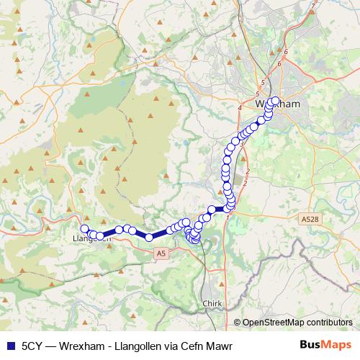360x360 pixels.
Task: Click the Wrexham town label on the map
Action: (x=277, y=104)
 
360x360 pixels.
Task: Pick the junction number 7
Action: (x=312, y=6)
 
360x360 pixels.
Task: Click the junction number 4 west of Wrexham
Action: (x=239, y=107)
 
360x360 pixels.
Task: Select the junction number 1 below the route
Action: (x=228, y=217)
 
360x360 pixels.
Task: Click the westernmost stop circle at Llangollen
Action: (x=85, y=229)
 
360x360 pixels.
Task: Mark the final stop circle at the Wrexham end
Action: (x=274, y=101)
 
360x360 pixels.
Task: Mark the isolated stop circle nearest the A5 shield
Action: (x=148, y=237)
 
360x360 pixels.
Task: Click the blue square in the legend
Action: (x=9, y=344)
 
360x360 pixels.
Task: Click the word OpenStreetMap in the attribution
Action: (x=275, y=323)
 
